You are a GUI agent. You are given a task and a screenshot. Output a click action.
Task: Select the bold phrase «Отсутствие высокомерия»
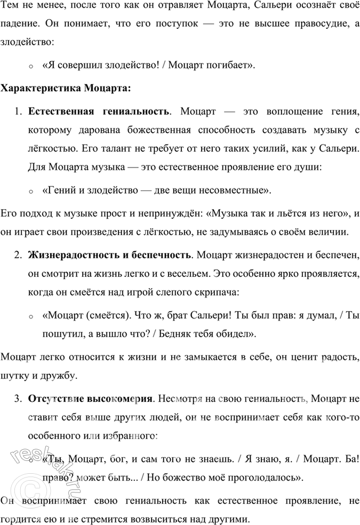pyautogui.click(x=91, y=399)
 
